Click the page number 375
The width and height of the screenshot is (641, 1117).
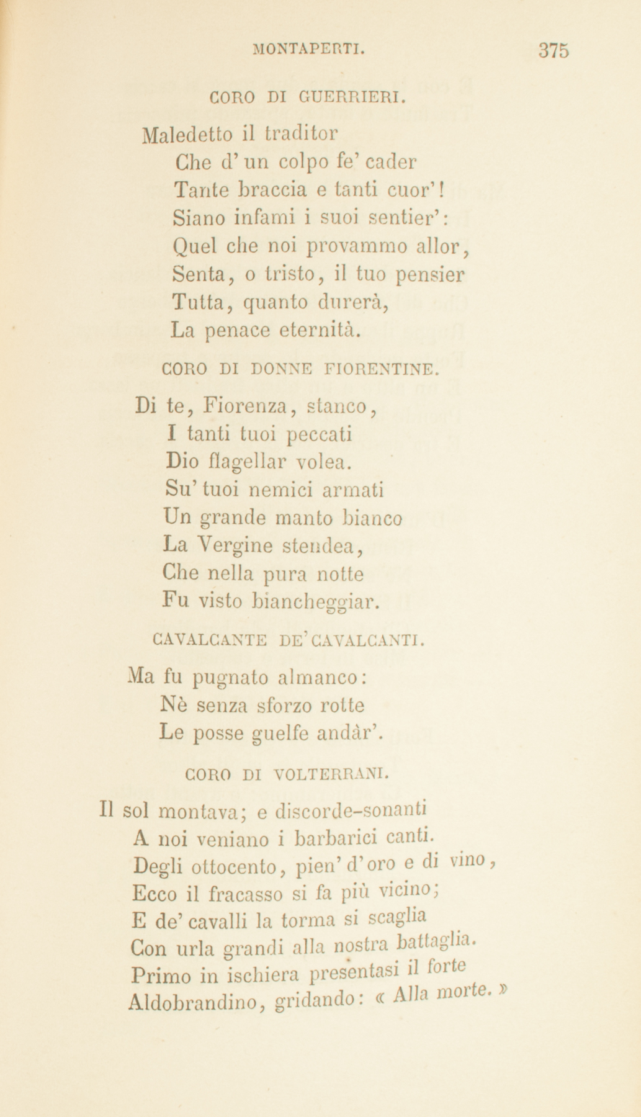pos(554,50)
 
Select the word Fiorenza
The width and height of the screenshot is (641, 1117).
pos(246,408)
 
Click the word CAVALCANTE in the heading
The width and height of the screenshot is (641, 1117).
pos(208,639)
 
